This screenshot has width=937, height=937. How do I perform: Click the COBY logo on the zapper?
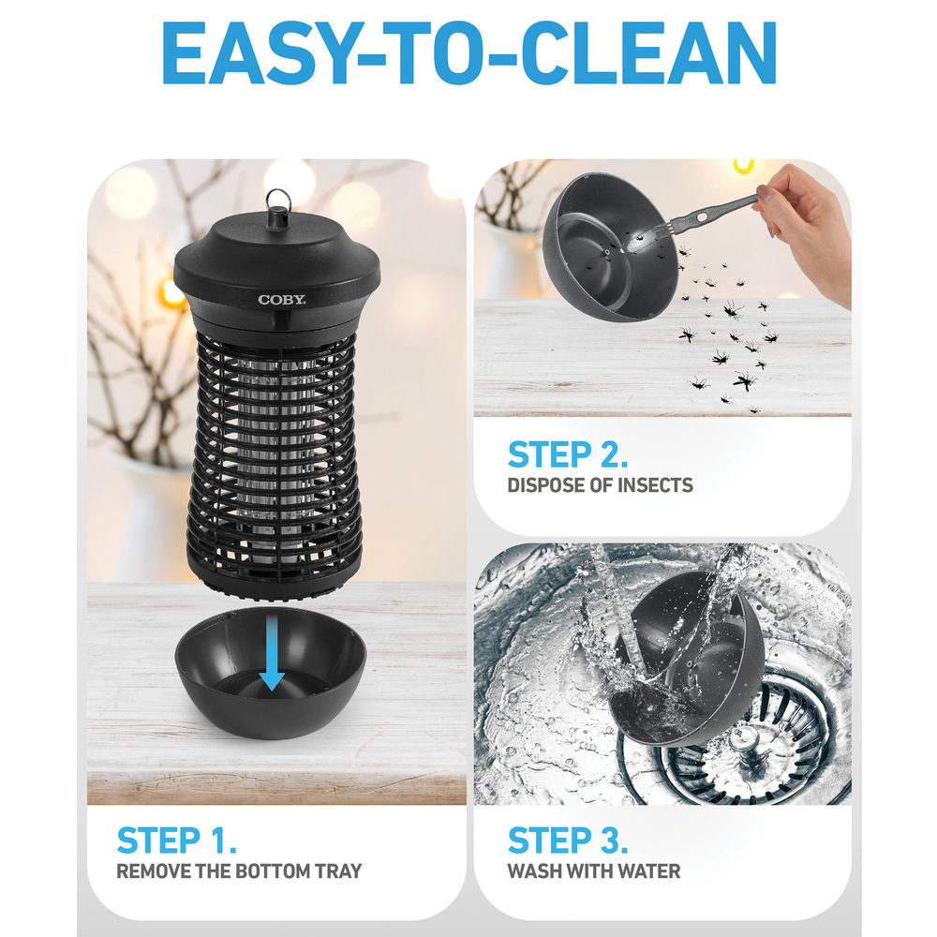pos(281,300)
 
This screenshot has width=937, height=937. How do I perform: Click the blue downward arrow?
pos(272,653)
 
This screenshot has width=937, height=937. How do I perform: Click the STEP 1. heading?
pos(177,840)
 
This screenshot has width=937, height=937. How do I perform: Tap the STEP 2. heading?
pos(568,454)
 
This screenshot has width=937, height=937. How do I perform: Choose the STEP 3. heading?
pos(568,840)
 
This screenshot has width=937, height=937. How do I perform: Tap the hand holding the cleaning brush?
pos(807,227)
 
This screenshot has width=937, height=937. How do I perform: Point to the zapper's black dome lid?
pos(276,263)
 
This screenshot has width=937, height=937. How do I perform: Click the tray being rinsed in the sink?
pos(687,658)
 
